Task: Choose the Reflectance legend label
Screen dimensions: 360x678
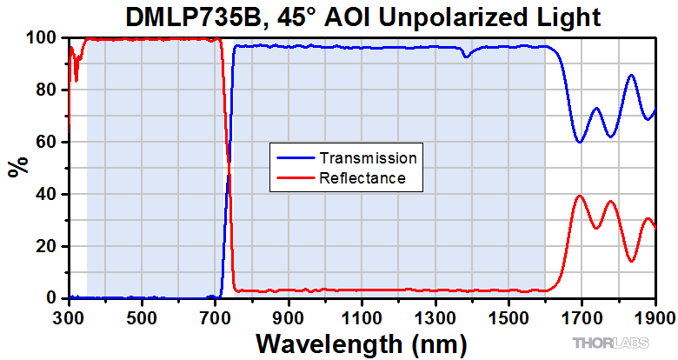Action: coord(362,178)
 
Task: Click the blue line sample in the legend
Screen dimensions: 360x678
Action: coord(294,159)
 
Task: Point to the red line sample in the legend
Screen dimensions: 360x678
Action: coord(294,179)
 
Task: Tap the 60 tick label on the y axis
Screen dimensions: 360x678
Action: coord(49,142)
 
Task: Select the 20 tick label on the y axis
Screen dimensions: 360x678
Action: coord(49,246)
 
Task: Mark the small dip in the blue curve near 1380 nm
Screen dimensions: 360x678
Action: coord(467,57)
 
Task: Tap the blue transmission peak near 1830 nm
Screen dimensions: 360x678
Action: coord(631,76)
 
